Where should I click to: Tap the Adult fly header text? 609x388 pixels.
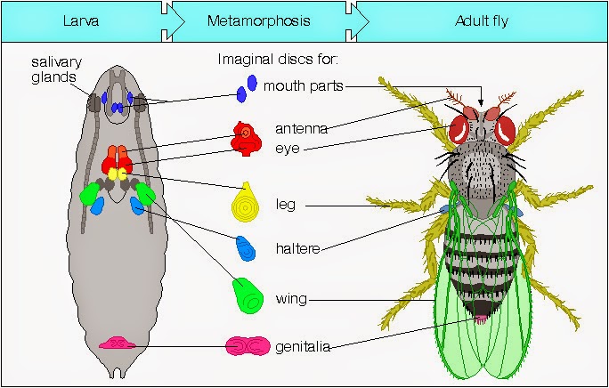click(x=481, y=20)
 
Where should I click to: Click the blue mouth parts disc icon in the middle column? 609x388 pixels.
click(x=247, y=87)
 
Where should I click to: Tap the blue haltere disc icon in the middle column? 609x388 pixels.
click(x=244, y=247)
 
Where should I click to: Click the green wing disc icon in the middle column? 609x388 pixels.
click(x=246, y=295)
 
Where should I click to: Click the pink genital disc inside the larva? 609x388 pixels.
click(x=116, y=343)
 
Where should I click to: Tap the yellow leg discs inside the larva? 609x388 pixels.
click(x=118, y=176)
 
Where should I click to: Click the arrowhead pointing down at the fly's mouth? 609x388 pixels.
click(x=482, y=102)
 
